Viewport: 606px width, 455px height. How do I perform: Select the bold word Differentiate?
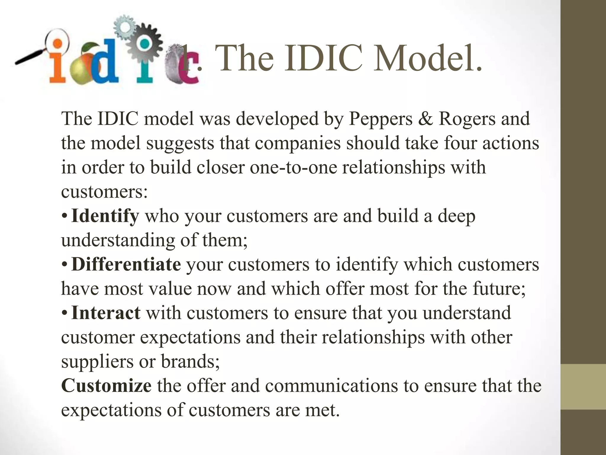coord(126,264)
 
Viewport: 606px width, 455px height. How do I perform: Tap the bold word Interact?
coord(106,313)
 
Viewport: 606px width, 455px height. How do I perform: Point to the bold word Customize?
coord(106,386)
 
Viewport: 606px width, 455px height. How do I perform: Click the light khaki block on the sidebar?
coord(583,387)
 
